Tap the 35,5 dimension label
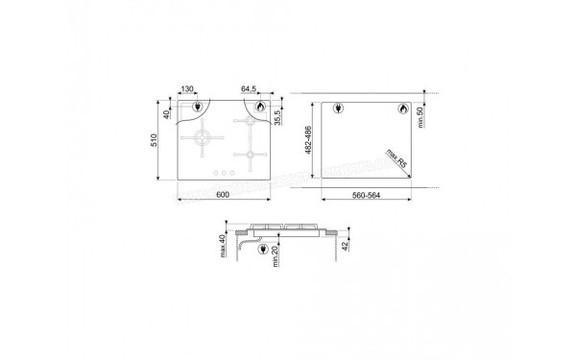(278, 120)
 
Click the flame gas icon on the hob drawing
(259, 109)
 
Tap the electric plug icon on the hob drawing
(197, 109)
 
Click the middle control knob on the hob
(223, 174)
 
